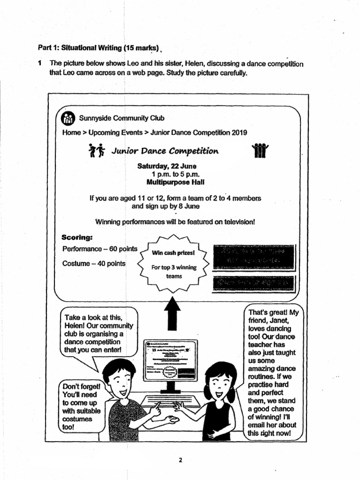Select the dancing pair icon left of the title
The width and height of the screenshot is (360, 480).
click(96, 150)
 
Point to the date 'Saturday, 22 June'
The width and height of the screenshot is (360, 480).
click(167, 166)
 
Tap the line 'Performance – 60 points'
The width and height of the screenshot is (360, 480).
click(99, 249)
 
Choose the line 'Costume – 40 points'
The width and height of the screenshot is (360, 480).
click(94, 263)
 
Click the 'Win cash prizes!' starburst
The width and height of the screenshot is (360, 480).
click(174, 261)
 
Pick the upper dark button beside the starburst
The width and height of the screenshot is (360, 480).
click(254, 256)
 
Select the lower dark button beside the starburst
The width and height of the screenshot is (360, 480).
click(254, 284)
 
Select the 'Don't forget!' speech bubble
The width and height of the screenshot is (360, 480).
click(81, 406)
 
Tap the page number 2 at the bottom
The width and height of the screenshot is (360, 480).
click(180, 460)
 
